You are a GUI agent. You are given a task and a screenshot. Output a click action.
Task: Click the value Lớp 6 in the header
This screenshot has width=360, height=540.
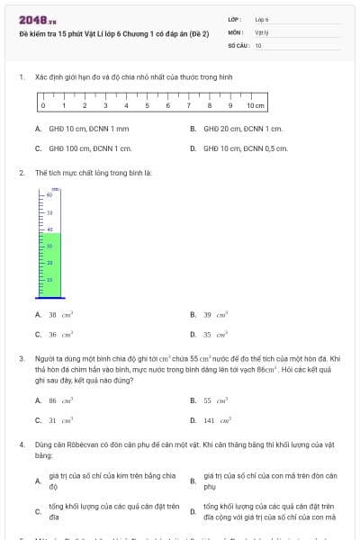point(262,19)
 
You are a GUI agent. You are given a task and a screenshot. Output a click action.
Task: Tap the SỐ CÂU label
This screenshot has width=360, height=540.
point(238,45)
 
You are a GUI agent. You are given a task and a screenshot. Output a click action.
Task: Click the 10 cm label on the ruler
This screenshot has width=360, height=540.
point(256,105)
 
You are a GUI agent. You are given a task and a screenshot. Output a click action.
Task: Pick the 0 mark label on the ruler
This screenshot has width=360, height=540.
point(42,105)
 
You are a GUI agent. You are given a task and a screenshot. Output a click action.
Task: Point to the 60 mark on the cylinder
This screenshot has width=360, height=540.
point(49,194)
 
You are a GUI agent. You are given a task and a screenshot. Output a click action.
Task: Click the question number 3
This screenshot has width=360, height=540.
point(22,358)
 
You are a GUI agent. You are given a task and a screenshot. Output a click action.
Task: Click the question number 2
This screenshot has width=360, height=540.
point(22,172)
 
